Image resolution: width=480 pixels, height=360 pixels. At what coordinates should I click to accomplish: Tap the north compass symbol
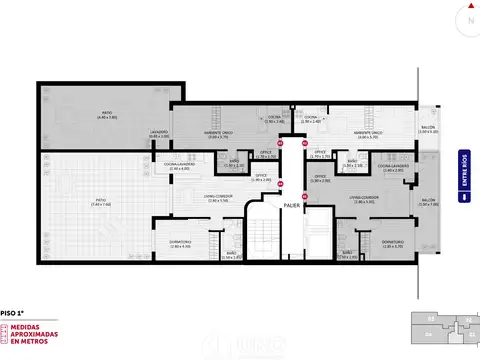(x=467, y=20)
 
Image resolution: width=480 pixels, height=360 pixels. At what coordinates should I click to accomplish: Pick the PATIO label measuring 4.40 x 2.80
(x=107, y=116)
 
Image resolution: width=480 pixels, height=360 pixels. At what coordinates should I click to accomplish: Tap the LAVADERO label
(x=159, y=133)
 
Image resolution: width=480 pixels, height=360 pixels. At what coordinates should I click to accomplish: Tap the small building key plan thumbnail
(x=443, y=326)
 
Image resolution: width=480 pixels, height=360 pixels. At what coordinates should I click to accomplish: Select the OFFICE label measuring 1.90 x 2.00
(x=320, y=179)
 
